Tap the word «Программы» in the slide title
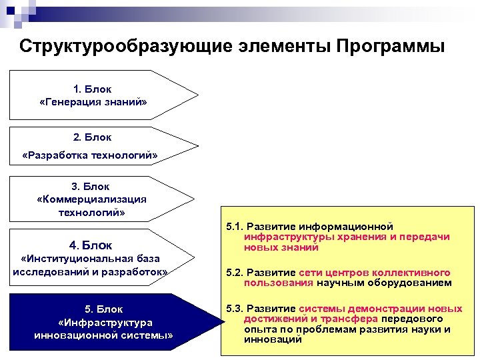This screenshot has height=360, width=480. coord(390,47)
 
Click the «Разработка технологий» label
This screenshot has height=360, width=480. coord(90,156)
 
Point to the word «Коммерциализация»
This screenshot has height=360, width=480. coord(92,199)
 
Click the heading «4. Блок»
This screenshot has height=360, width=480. coord(90,245)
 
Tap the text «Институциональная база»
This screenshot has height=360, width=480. coord(90,259)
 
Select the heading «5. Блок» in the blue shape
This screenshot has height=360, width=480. coord(103,310)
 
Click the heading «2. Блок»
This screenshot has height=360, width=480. coord(93,137)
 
